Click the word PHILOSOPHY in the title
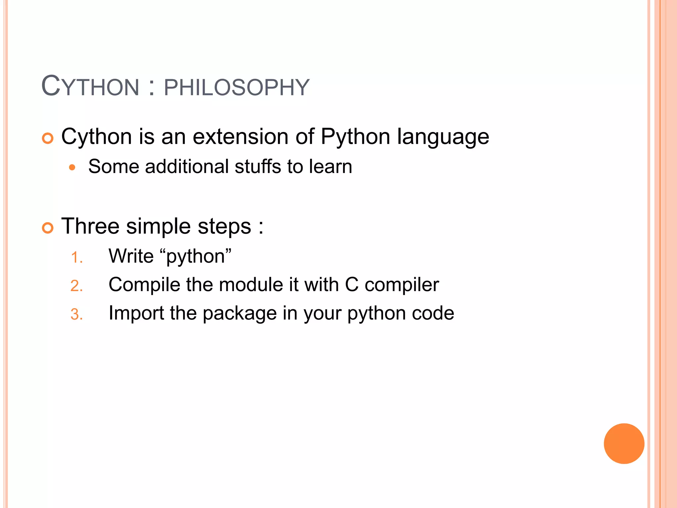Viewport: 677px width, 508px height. point(236,88)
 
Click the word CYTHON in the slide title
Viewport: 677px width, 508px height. point(90,87)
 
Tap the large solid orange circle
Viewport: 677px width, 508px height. point(624,444)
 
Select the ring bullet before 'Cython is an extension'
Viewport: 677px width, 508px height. point(48,138)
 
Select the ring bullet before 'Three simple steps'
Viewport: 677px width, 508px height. point(48,228)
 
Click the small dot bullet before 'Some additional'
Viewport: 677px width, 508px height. point(72,167)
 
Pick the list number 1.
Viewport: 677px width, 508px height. point(76,258)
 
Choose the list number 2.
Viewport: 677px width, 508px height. point(76,286)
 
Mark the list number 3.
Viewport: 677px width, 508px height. point(76,315)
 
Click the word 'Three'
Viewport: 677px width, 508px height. point(90,226)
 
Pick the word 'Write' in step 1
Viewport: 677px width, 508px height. point(131,256)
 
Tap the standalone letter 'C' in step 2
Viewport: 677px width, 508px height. point(352,284)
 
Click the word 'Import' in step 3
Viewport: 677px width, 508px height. point(136,314)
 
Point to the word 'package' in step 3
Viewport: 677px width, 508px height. point(240,314)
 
